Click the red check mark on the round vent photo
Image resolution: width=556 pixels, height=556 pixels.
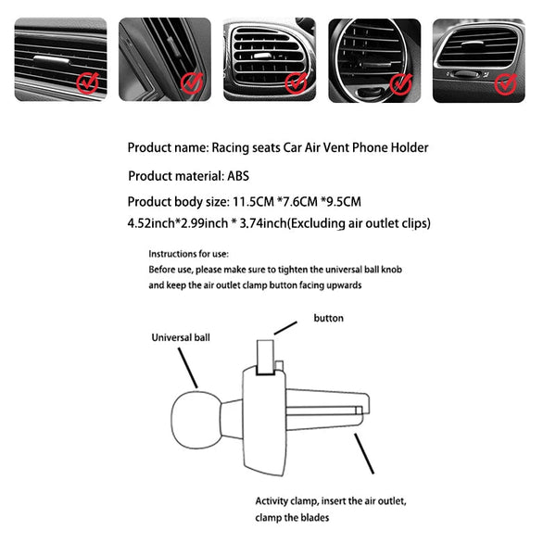coord(400,84)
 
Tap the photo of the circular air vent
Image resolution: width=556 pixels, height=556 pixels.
coord(373,59)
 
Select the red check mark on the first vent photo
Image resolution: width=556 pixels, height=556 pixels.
coord(86,84)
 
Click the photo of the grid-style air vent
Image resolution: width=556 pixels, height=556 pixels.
coord(269,59)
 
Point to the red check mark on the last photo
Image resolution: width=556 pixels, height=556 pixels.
coord(505,84)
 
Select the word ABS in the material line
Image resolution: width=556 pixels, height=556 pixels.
coord(239,175)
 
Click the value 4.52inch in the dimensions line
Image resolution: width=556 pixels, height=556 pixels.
coord(151,223)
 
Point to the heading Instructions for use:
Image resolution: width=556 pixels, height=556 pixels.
coord(189,253)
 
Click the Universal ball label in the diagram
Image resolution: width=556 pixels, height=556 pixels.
coord(181,338)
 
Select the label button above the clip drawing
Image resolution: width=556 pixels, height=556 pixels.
coord(328,318)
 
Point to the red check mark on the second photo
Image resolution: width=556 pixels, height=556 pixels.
coord(191,84)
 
